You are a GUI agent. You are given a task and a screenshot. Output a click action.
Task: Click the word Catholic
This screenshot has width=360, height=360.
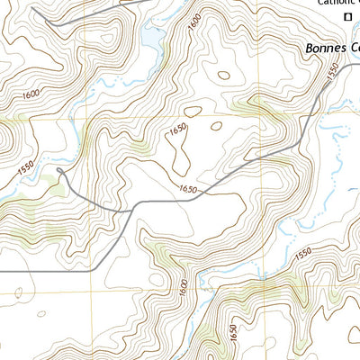pyautogui.click(x=334, y=3)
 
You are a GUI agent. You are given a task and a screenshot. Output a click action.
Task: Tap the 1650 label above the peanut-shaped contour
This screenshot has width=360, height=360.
pyautogui.click(x=177, y=129)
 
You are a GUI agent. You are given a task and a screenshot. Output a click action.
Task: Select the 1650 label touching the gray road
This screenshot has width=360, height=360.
pyautogui.click(x=187, y=190)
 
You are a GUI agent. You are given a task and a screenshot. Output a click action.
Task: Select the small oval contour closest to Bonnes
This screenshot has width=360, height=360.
pyautogui.click(x=219, y=124)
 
